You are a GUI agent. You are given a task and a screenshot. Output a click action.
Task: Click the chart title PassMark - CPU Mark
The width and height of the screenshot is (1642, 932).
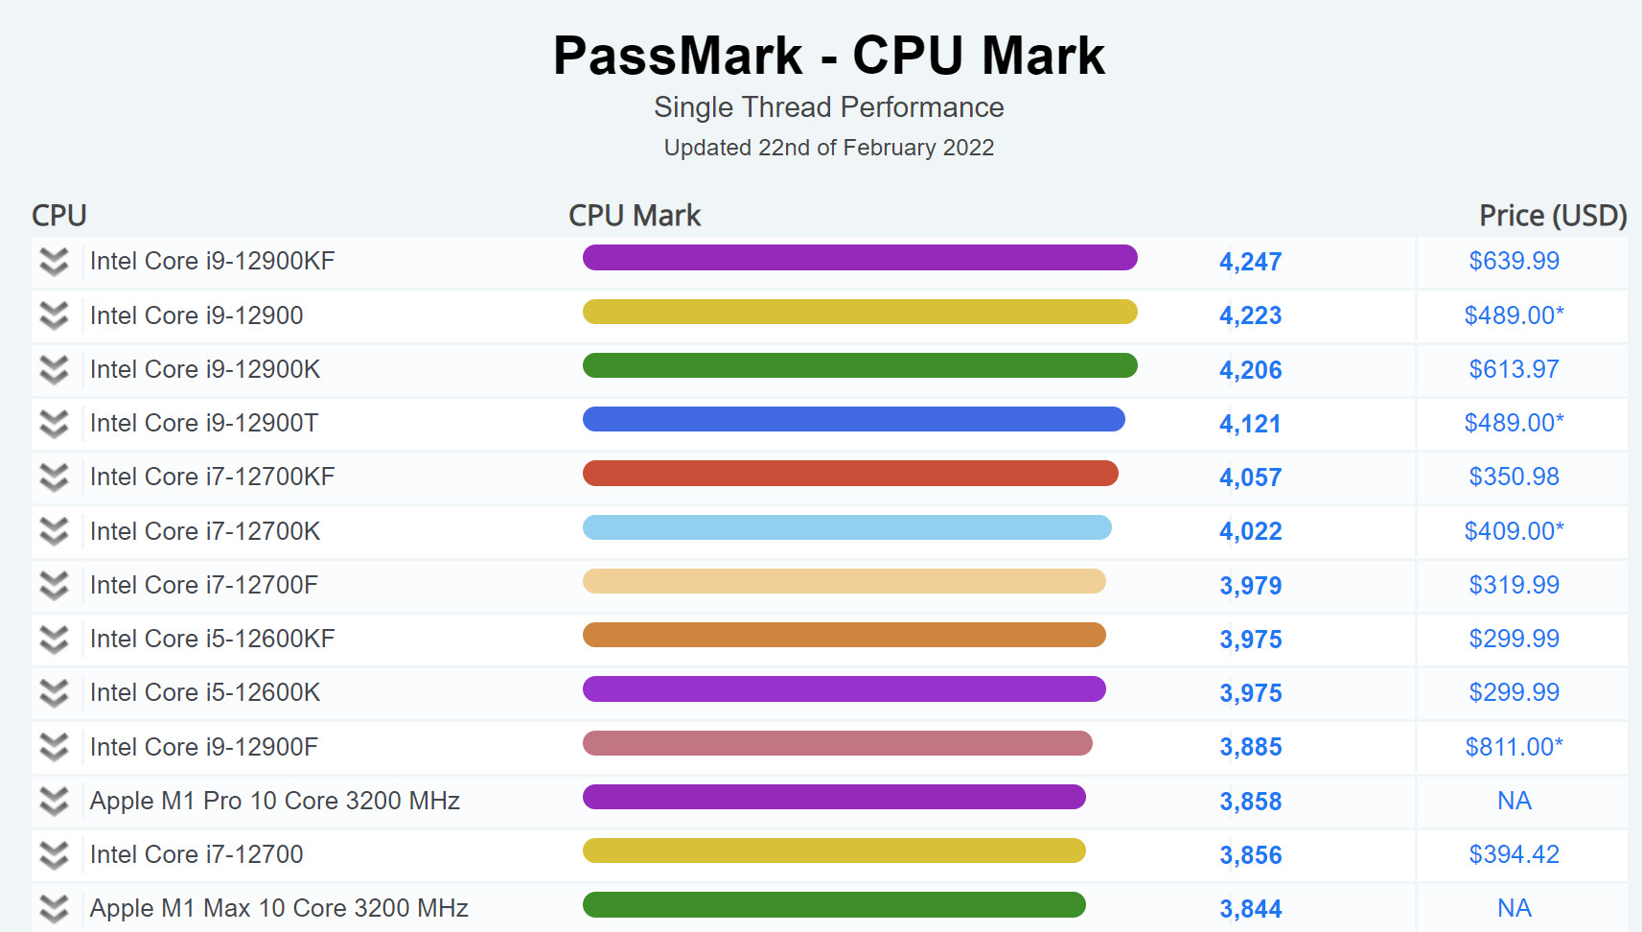[x=829, y=56]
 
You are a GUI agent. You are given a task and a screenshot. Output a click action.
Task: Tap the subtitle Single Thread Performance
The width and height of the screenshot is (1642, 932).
[x=829, y=107]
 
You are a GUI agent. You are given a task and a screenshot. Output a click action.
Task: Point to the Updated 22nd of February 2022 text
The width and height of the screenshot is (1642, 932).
[x=829, y=148]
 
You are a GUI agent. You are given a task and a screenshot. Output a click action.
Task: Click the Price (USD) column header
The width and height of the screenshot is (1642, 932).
[x=1552, y=216]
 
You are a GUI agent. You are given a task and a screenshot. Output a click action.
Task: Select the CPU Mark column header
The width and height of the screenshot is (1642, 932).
[x=635, y=216]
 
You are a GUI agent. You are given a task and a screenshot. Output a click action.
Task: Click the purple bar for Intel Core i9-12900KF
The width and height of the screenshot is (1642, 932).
[x=860, y=258]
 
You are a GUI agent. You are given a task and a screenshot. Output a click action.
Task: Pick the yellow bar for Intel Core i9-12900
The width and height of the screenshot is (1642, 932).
[x=860, y=312]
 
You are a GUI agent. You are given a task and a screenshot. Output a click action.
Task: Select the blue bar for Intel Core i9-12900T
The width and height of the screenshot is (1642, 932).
[x=853, y=419]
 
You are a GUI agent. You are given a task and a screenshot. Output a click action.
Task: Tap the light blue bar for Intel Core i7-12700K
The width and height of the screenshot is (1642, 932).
[x=846, y=527]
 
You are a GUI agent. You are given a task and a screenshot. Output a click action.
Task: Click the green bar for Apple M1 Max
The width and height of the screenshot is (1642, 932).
[x=834, y=905]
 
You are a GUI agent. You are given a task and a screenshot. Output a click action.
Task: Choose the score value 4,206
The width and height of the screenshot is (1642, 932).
[x=1250, y=370]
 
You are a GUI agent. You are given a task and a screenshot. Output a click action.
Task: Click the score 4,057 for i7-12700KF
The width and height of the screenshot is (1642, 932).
[x=1250, y=478]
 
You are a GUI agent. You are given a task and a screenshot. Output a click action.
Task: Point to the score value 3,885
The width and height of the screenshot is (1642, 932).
[x=1250, y=747]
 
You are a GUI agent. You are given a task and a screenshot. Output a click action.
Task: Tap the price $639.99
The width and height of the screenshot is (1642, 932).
[x=1514, y=261]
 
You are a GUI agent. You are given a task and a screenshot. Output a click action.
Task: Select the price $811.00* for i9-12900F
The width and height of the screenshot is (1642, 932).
[x=1514, y=747]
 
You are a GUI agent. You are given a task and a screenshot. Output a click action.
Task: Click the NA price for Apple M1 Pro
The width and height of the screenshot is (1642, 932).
[x=1514, y=801]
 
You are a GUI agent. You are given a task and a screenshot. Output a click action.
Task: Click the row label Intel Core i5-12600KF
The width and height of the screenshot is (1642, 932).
[x=212, y=639]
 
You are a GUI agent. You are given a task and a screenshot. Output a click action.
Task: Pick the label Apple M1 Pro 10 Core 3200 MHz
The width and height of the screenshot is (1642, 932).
[x=274, y=801]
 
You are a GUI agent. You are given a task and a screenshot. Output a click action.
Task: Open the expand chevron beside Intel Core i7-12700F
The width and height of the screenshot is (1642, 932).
[x=55, y=585]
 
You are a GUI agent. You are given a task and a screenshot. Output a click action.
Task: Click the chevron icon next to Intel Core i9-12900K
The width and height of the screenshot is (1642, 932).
[x=55, y=369]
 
